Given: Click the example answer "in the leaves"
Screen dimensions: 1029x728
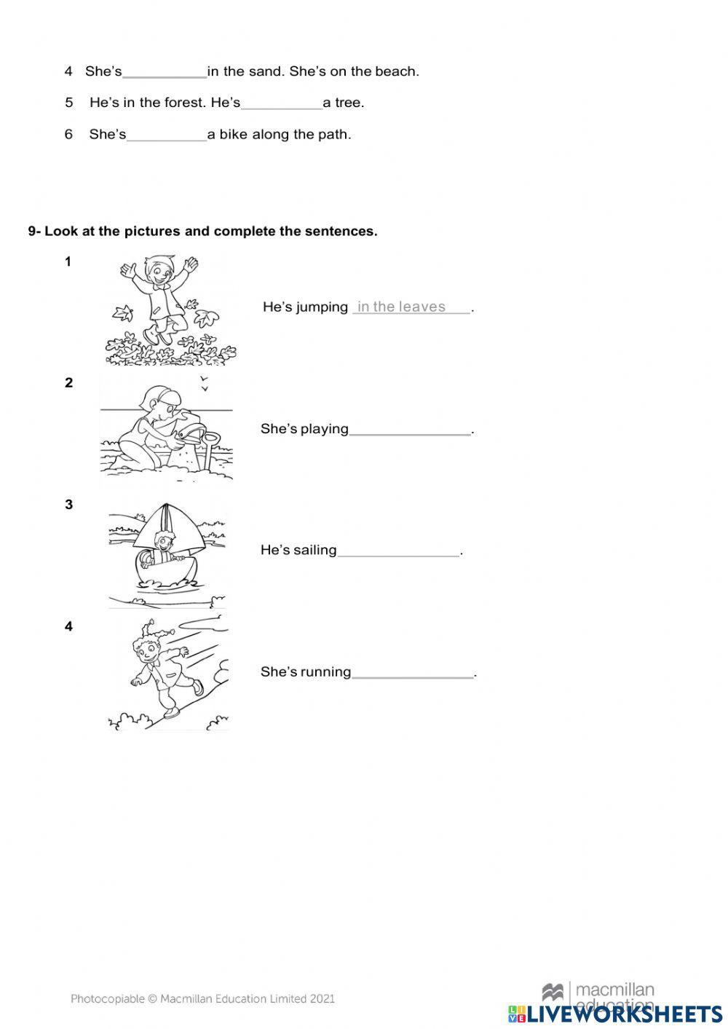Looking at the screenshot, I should pyautogui.click(x=401, y=307).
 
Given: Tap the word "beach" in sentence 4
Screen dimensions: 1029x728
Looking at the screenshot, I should pyautogui.click(x=396, y=71).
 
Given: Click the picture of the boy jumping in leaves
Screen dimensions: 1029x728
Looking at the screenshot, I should pyautogui.click(x=169, y=309).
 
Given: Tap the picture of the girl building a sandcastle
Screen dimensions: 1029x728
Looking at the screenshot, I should pyautogui.click(x=166, y=430).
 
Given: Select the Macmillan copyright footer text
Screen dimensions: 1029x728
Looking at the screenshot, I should pyautogui.click(x=202, y=999).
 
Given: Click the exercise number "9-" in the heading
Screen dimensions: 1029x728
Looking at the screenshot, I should pyautogui.click(x=35, y=232).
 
